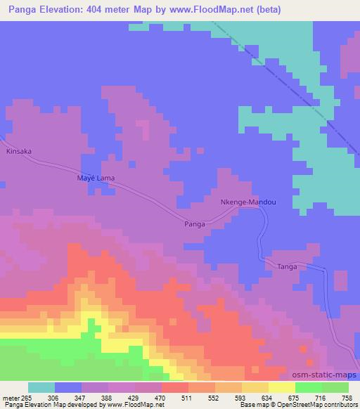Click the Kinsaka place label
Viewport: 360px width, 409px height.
[19, 151]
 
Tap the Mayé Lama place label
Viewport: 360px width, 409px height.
[95, 178]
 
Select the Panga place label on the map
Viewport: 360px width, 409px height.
[194, 223]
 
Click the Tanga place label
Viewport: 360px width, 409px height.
[286, 267]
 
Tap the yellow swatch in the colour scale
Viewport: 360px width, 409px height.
[281, 387]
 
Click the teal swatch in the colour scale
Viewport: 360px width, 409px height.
[41, 387]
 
